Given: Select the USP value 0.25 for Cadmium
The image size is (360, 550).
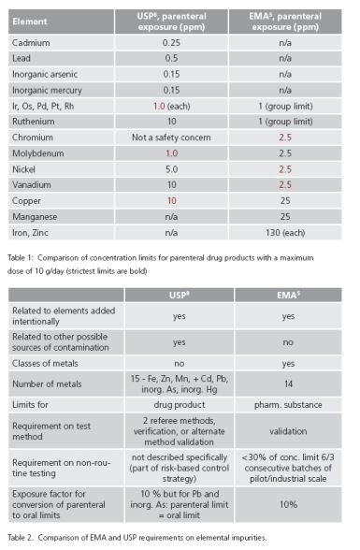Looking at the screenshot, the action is coord(172,42).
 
